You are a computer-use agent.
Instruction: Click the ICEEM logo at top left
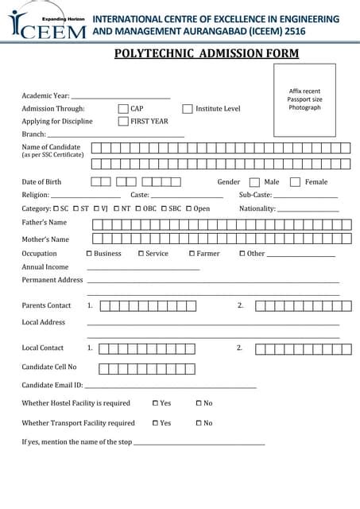(x=48, y=25)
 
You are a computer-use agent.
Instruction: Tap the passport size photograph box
(x=304, y=100)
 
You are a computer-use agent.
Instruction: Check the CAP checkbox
(x=123, y=109)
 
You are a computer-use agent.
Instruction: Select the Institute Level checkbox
(x=188, y=109)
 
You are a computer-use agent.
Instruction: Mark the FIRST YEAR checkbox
(x=123, y=122)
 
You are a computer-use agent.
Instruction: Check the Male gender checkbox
(x=254, y=182)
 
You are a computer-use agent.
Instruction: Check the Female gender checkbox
(x=295, y=182)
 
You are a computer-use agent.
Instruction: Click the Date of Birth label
(x=41, y=182)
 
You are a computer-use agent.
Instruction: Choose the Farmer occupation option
(x=192, y=254)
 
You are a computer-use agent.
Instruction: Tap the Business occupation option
(x=89, y=254)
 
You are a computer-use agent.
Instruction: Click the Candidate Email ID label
(x=52, y=385)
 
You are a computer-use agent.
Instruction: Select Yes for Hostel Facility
(x=155, y=403)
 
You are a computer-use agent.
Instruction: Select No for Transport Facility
(x=199, y=423)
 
